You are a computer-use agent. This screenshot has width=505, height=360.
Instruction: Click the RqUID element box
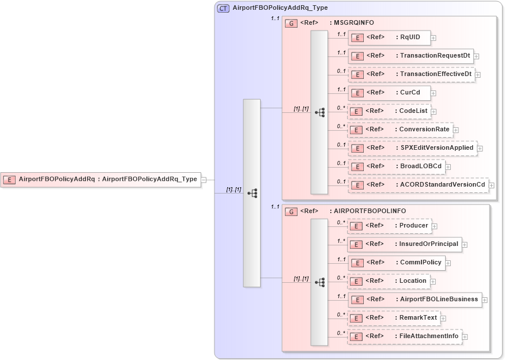click(x=389, y=38)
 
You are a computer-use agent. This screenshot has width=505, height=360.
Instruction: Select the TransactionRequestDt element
click(x=411, y=56)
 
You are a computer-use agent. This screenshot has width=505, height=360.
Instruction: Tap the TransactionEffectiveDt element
click(x=412, y=74)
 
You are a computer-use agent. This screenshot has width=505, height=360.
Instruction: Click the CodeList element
click(x=389, y=111)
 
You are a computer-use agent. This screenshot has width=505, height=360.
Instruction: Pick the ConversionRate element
click(x=400, y=130)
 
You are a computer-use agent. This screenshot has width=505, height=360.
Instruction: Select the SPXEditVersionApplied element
click(x=413, y=148)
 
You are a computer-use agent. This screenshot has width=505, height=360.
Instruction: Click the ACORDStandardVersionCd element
click(x=419, y=185)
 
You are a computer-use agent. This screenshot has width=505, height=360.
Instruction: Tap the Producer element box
click(x=389, y=226)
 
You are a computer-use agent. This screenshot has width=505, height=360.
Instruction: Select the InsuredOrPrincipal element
click(x=405, y=244)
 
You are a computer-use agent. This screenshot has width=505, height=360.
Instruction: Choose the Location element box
click(x=389, y=281)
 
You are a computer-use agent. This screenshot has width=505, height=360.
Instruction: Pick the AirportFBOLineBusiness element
click(x=414, y=300)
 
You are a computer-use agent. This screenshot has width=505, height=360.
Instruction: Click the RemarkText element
click(x=394, y=318)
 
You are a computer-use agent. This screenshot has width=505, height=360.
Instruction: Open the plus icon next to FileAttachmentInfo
click(x=465, y=337)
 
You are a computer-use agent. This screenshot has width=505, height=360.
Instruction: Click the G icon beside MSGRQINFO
click(x=292, y=23)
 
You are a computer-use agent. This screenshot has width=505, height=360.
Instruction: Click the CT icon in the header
click(x=223, y=8)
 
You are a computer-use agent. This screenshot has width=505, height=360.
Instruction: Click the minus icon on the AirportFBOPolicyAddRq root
click(x=203, y=180)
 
